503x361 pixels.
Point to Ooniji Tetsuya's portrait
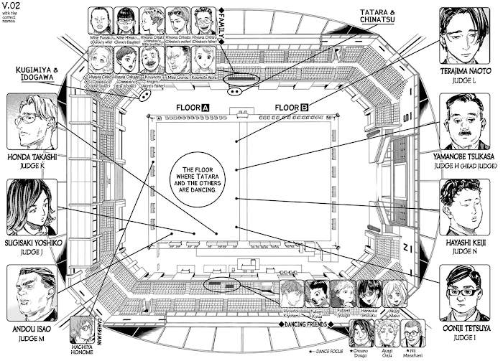(x=463, y=291)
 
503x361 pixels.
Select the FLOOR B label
(x=285, y=108)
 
